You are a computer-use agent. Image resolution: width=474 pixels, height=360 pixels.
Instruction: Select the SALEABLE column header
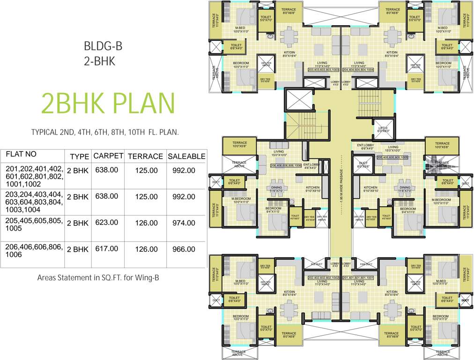[x=186, y=156]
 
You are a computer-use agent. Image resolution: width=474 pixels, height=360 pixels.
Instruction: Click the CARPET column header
[x=108, y=156]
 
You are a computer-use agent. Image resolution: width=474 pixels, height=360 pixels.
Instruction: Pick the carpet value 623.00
[x=106, y=223]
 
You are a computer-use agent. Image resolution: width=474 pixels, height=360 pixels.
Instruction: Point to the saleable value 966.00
[x=184, y=249]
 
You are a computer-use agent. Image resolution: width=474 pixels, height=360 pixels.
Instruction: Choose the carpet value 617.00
[x=106, y=249]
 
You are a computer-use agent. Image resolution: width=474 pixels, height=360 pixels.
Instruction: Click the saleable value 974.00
[x=184, y=223]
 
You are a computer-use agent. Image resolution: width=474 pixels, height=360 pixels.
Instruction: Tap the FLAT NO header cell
[x=21, y=154]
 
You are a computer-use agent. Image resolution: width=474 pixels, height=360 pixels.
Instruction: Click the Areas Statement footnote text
[x=98, y=277]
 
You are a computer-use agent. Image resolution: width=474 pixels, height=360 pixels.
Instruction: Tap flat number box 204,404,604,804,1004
[x=358, y=70]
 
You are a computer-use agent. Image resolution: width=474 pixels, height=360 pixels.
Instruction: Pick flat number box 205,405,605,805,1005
[x=392, y=158]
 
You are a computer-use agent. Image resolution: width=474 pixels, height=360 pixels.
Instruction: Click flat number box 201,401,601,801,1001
[x=358, y=278]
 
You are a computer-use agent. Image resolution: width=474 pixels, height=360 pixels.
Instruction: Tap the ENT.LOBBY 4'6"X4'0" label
[x=311, y=166]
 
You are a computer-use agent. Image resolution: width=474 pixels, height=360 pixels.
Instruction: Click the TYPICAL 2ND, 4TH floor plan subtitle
[x=105, y=132]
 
